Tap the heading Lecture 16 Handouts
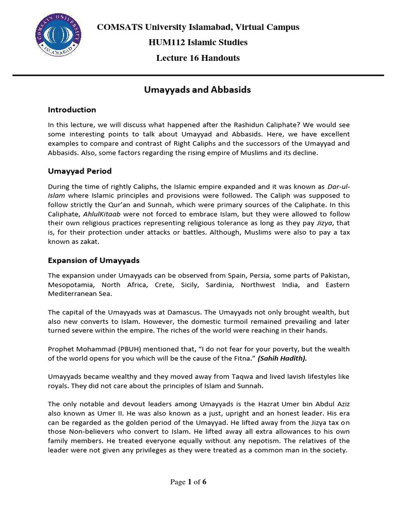tap(198, 58)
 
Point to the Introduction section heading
tap(72, 110)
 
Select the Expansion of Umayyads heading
tap(93, 260)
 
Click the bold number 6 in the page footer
tap(204, 482)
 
